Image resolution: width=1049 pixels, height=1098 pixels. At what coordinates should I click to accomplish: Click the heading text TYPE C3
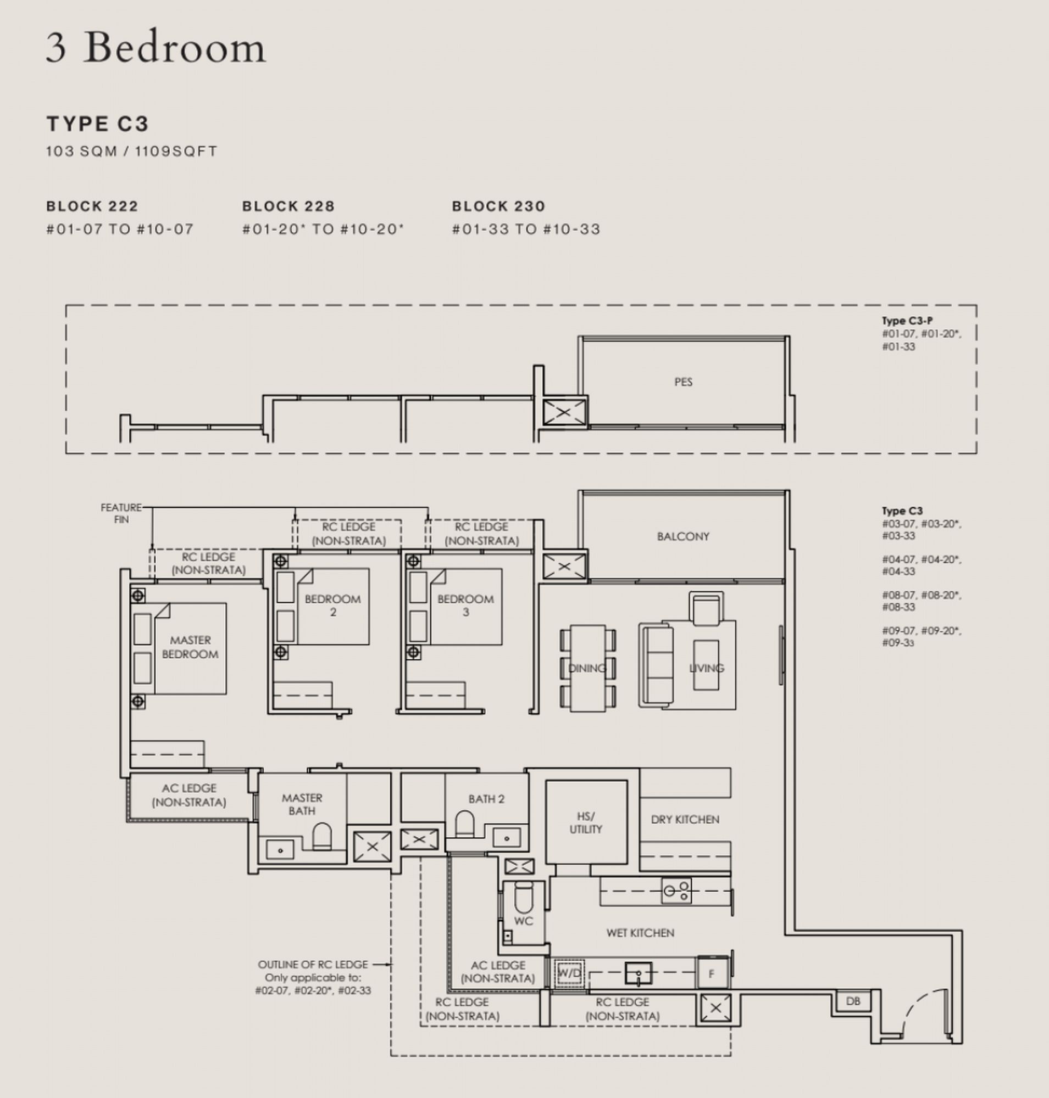[x=97, y=124]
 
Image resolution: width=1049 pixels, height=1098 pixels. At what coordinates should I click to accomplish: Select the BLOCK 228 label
[x=288, y=206]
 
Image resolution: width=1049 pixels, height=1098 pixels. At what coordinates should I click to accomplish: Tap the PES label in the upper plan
[x=682, y=382]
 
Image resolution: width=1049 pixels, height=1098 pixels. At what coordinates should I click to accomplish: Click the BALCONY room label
[x=682, y=536]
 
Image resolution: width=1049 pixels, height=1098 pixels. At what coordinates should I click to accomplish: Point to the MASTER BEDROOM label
[x=190, y=647]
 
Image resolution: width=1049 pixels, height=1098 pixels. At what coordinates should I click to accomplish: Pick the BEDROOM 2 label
[x=332, y=605]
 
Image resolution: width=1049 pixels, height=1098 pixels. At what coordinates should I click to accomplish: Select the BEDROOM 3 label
[x=465, y=605]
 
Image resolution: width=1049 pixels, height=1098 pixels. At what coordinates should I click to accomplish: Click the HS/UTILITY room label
[x=585, y=823]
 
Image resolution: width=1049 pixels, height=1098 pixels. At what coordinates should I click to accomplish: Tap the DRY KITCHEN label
[x=685, y=820]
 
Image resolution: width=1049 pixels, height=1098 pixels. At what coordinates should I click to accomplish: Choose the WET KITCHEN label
[x=640, y=933]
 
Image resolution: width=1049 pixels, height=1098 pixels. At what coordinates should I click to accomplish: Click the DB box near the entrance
[x=853, y=1001]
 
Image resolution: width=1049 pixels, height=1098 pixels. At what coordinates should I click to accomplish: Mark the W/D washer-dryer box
[x=569, y=973]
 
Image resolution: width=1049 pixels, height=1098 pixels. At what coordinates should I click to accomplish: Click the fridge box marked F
[x=711, y=974]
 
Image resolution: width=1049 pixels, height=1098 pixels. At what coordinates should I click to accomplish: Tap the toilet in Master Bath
[x=322, y=836]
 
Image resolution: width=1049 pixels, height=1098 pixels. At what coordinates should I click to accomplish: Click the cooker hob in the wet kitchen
[x=676, y=890]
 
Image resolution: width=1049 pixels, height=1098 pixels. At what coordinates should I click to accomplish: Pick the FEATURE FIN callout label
[x=121, y=513]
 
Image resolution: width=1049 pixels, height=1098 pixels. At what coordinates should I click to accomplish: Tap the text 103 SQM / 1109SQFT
[x=131, y=152]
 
